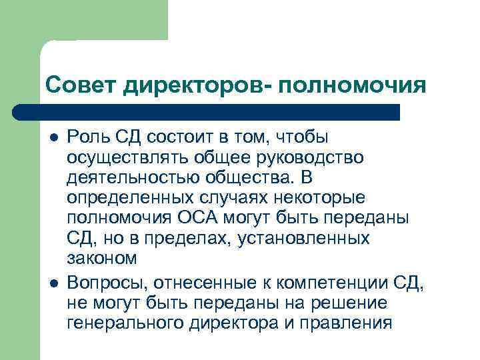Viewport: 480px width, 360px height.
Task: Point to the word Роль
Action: [x=86, y=137]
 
